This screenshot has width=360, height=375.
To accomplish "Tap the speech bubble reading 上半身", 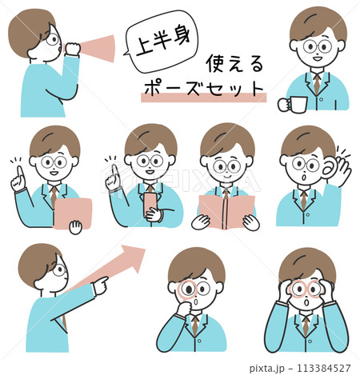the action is point(162,42).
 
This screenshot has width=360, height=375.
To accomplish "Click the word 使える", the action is point(234,63).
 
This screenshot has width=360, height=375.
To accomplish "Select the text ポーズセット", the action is point(203,88).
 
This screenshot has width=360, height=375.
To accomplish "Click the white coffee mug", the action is point(293,104).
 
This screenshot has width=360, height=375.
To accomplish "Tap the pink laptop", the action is point(73,213).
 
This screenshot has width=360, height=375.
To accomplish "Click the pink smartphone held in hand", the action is point(150,204).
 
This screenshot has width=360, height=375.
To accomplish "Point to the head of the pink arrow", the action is point(134,257).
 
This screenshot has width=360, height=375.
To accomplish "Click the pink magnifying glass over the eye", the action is point(186,289).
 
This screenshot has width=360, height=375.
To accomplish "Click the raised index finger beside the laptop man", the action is point(19,173).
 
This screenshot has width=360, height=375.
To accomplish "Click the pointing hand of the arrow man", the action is point(100,285).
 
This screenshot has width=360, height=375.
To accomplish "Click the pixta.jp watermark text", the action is point(267,369).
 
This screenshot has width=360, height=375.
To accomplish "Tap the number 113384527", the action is point(324,368).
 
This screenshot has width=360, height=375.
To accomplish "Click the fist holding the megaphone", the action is point(72,49).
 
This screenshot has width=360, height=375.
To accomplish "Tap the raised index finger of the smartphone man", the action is point(114,171).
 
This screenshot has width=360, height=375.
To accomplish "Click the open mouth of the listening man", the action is point(302,177).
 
